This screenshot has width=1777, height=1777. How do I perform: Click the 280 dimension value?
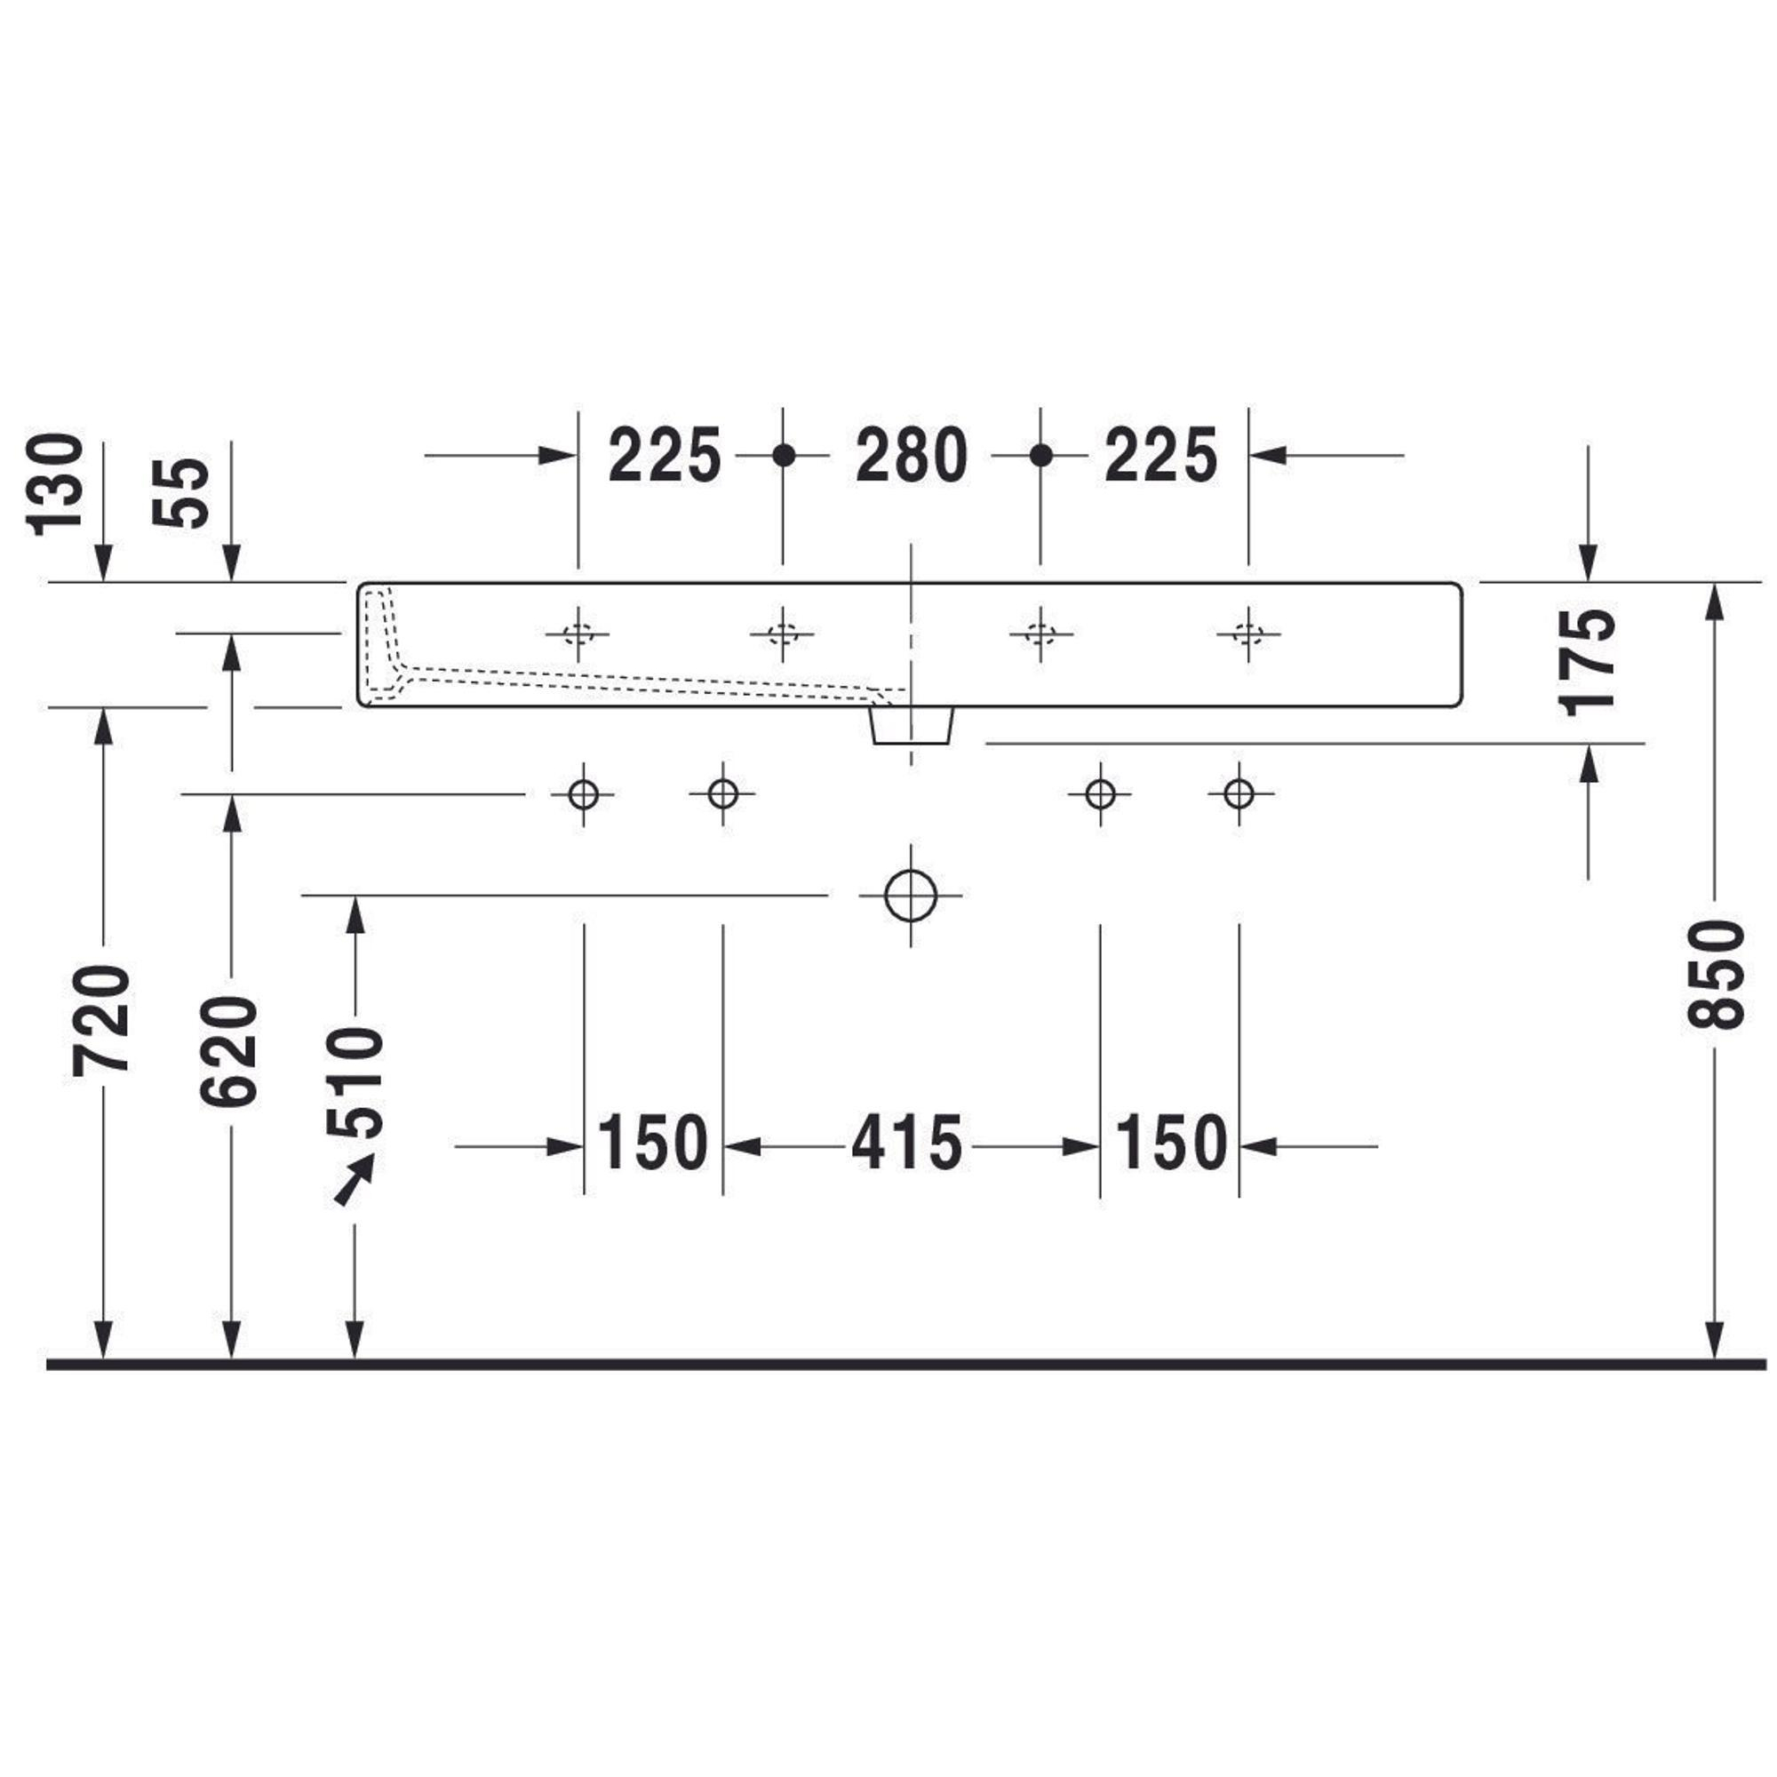pyautogui.click(x=912, y=455)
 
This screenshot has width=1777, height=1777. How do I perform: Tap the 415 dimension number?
pyautogui.click(x=907, y=1143)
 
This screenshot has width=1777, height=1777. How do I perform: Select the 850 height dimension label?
pyautogui.click(x=1716, y=974)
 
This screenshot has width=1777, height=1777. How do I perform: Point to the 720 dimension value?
pyautogui.click(x=101, y=1019)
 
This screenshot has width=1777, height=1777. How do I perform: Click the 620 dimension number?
pyautogui.click(x=229, y=1049)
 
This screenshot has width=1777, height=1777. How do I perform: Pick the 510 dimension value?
pyautogui.click(x=355, y=1081)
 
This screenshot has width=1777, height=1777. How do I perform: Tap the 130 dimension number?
pyautogui.click(x=54, y=484)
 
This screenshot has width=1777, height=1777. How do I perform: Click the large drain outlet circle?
pyautogui.click(x=911, y=895)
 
